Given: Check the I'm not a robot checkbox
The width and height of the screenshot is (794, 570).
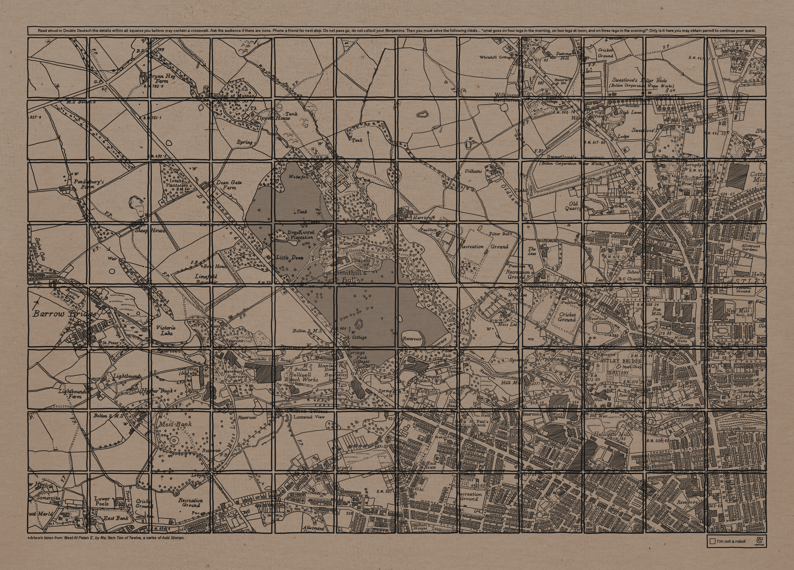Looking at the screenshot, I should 712,541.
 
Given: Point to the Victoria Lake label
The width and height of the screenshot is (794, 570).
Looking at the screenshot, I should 166,331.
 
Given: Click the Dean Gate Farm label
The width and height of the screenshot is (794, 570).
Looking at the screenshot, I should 229,185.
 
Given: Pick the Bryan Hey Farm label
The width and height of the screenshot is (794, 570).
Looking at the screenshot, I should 162,78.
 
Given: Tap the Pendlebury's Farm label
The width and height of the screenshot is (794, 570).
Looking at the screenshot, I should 89,184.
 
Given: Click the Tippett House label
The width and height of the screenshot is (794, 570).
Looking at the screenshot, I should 273,118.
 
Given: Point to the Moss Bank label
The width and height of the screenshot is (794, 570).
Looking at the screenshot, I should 175,424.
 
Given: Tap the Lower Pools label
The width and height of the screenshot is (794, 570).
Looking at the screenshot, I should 102,501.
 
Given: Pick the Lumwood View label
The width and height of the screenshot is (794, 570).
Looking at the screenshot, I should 309,417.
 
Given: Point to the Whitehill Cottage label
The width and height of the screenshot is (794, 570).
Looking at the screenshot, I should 495,57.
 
